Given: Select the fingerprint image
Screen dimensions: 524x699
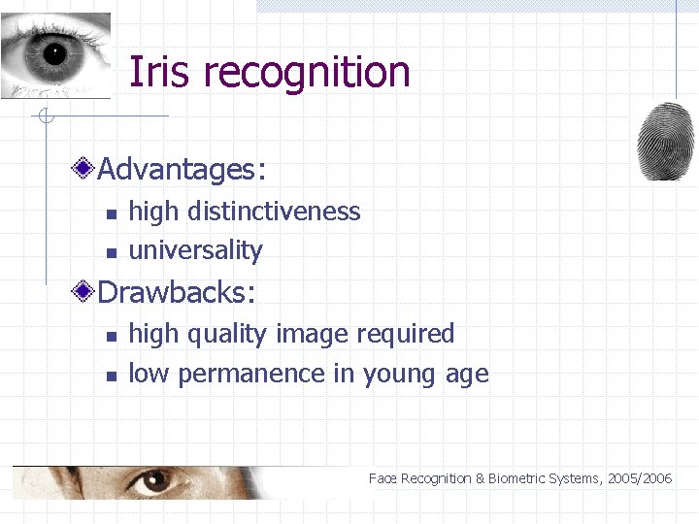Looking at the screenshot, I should (665, 141).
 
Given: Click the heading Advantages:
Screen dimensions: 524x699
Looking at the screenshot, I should (182, 170).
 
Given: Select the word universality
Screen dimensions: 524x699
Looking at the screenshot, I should (195, 250).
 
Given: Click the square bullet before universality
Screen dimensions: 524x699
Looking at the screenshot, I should (111, 252).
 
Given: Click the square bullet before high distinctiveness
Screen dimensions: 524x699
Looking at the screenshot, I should (111, 213).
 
